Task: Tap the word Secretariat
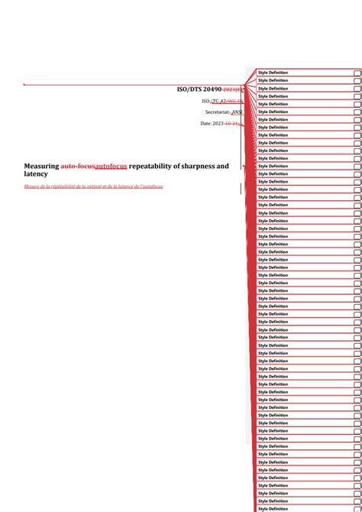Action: coord(218,112)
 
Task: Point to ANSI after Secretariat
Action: coord(237,112)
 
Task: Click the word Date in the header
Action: coord(205,123)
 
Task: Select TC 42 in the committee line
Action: coord(219,101)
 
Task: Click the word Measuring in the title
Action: coord(41,166)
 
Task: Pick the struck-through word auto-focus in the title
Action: coord(77,166)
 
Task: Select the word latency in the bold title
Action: coord(36,175)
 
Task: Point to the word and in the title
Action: coord(221,166)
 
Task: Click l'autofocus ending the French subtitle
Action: coord(150,186)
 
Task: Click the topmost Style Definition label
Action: coord(273,73)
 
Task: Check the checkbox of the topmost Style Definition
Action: coord(357,73)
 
